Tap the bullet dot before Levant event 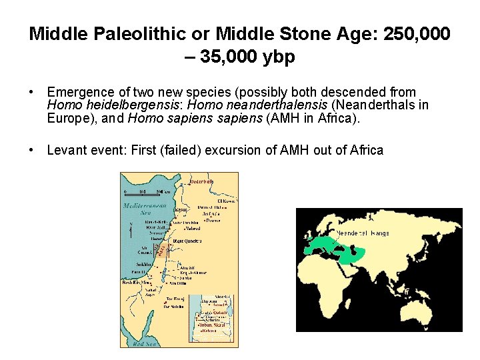tap(32, 150)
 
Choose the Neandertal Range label tap(363, 233)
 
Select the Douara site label tap(213, 220)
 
